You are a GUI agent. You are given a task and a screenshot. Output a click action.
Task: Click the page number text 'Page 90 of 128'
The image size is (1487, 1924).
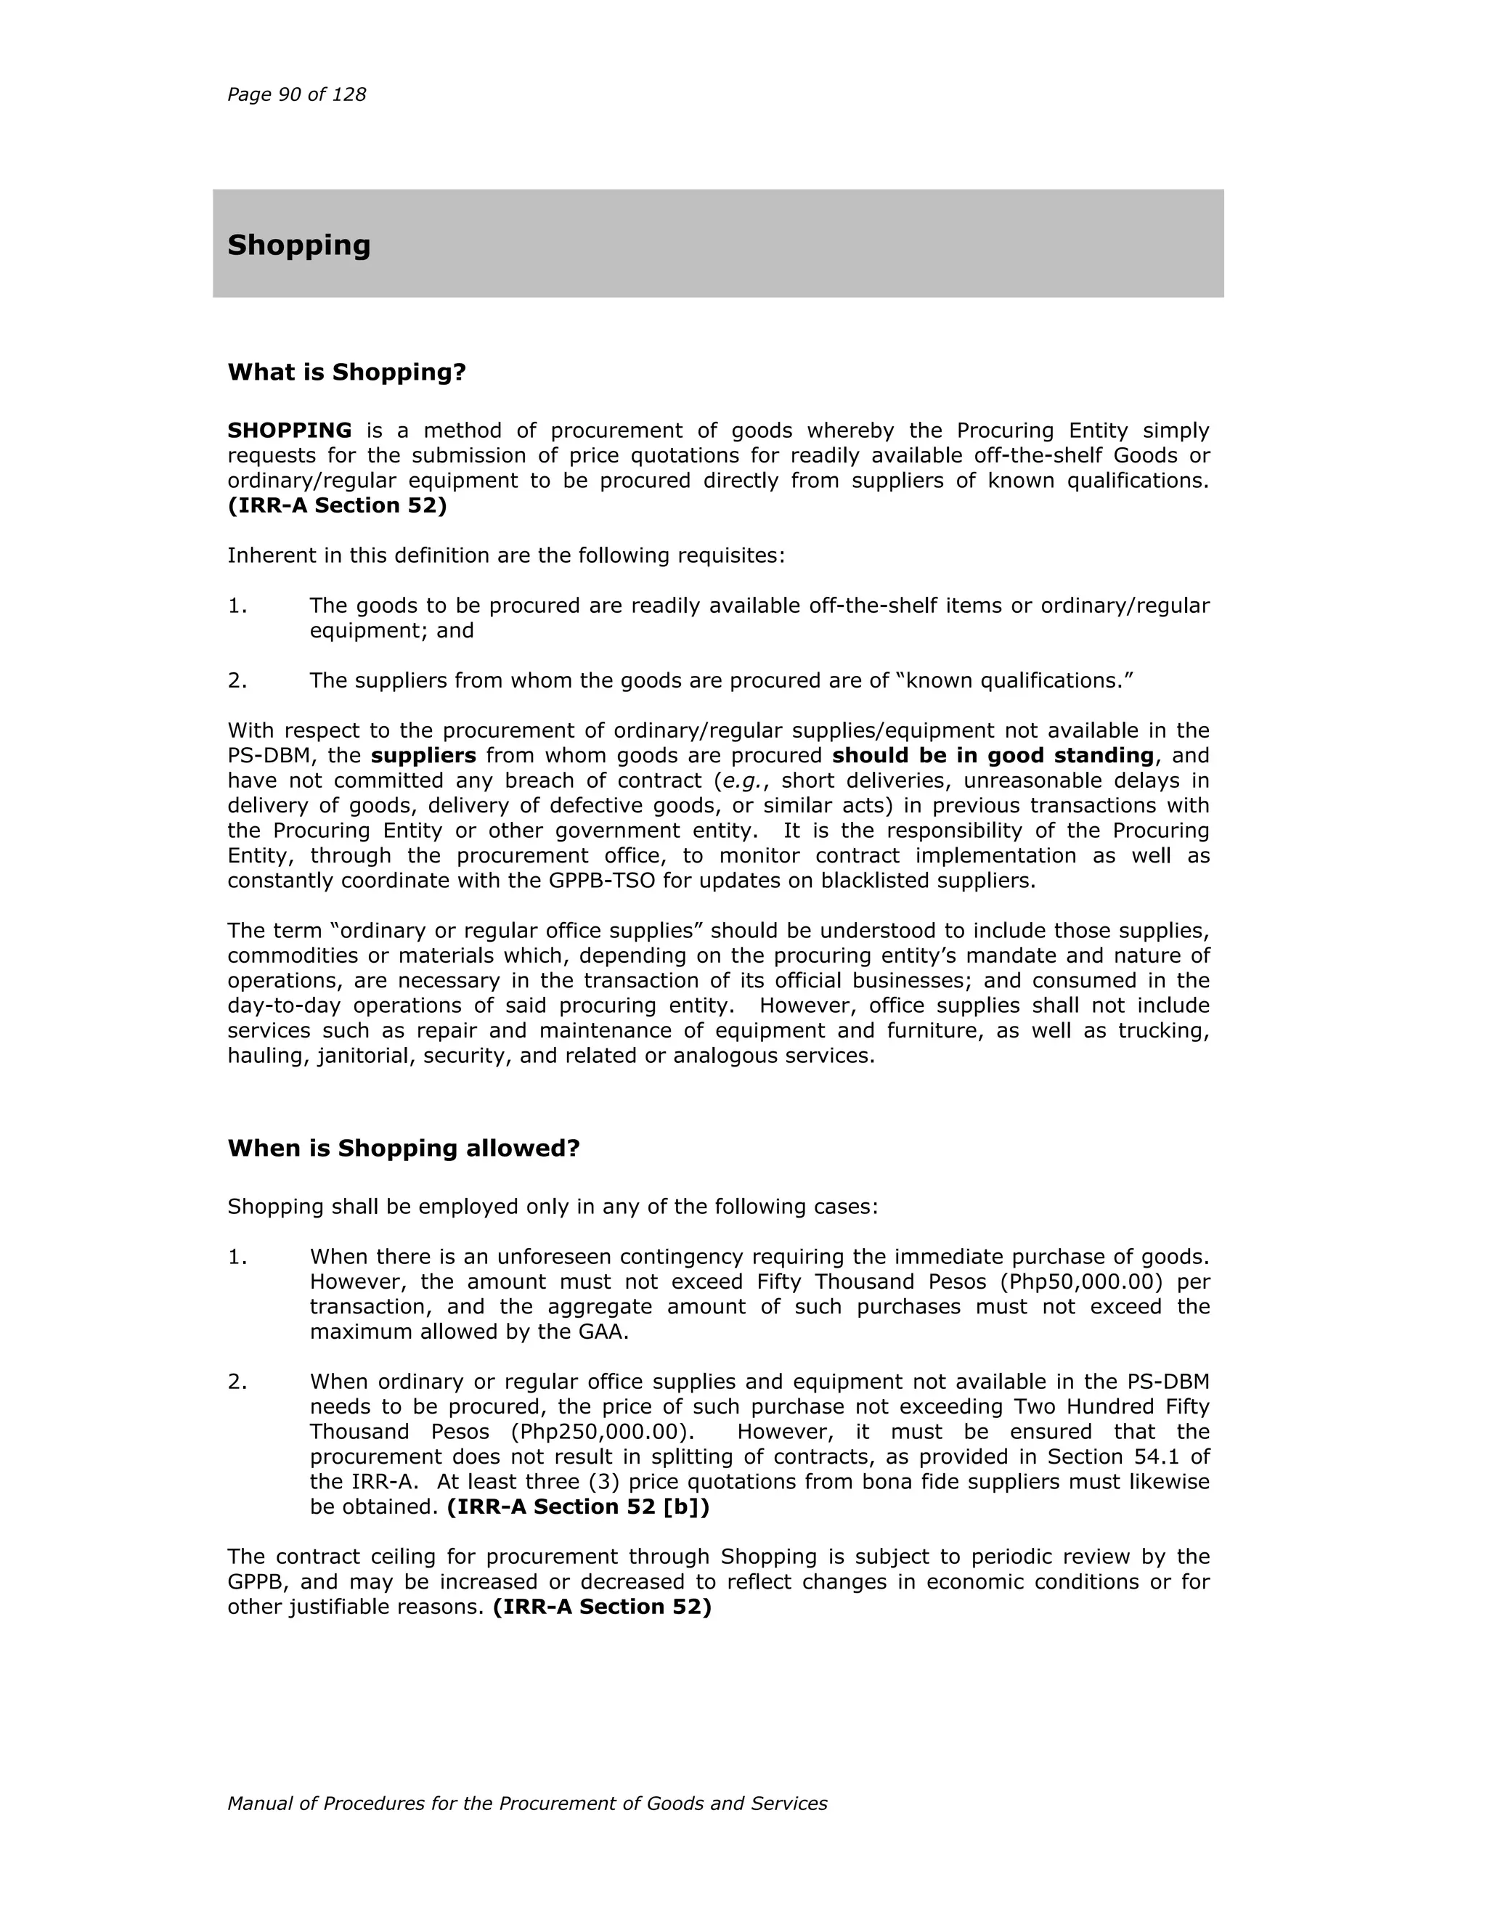[296, 94]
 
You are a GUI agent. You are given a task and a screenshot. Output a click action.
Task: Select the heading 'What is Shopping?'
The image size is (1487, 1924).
[346, 372]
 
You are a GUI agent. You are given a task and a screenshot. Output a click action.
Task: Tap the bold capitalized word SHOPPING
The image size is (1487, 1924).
[289, 430]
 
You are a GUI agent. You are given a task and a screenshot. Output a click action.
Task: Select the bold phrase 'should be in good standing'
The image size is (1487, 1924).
[992, 755]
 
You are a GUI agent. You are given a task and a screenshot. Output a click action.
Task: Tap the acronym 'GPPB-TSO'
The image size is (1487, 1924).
[603, 880]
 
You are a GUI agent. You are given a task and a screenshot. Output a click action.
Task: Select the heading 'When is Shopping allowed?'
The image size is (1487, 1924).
[404, 1148]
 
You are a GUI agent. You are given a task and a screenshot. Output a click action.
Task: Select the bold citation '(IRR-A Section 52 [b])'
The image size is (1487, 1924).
[578, 1507]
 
